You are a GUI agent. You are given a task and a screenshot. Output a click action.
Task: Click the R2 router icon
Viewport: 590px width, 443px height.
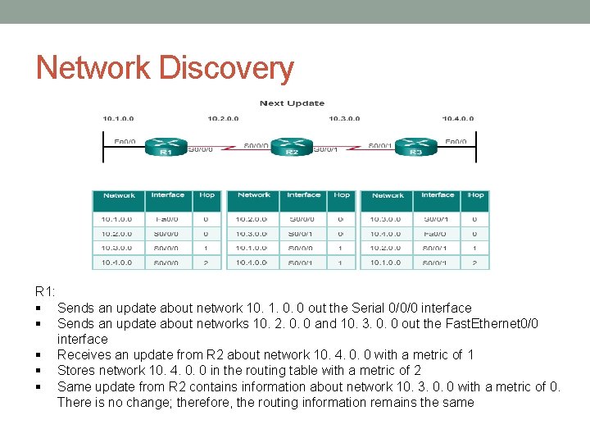point(291,147)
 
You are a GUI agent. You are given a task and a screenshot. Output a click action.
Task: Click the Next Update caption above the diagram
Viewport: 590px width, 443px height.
point(292,103)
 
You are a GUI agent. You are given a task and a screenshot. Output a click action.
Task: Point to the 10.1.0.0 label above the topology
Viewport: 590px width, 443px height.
point(119,119)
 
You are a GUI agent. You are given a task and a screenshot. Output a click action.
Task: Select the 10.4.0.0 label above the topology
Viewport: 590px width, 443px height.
point(457,119)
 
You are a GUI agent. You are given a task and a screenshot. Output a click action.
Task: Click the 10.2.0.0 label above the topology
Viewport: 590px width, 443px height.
point(224,119)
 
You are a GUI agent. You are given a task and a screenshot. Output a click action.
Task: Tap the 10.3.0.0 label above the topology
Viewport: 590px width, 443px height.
point(344,119)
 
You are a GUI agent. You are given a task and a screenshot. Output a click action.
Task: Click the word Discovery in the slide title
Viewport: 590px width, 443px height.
point(225,68)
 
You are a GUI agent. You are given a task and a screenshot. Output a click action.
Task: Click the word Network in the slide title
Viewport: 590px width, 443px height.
point(93,68)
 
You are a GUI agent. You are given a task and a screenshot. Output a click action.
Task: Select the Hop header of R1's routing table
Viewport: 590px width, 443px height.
point(206,195)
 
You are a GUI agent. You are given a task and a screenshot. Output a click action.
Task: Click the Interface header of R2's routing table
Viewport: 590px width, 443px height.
point(303,195)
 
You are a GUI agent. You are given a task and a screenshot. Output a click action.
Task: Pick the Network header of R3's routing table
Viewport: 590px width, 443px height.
point(388,195)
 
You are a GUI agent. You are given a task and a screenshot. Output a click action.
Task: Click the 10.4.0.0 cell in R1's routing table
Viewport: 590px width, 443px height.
point(118,263)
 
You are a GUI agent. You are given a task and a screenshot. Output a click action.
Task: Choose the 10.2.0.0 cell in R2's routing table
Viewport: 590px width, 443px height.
point(252,219)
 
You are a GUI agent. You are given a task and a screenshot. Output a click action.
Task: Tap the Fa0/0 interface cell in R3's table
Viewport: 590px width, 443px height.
point(437,234)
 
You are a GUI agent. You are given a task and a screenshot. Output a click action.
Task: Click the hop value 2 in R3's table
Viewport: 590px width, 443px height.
point(474,263)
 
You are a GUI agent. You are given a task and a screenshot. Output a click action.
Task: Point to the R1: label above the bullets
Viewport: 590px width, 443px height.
point(45,292)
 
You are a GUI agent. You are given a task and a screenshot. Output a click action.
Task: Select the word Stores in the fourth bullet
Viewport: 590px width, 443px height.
point(75,371)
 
